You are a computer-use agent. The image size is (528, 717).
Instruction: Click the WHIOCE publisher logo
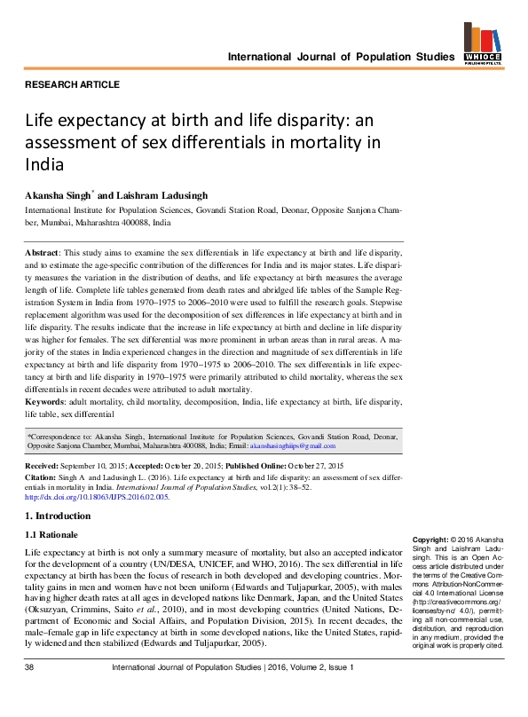coord(483,44)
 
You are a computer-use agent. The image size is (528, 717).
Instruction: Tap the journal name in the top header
coord(341,57)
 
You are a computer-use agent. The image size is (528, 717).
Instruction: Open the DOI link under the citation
coord(97,497)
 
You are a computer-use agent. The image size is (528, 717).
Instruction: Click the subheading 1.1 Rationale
coord(51,535)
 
